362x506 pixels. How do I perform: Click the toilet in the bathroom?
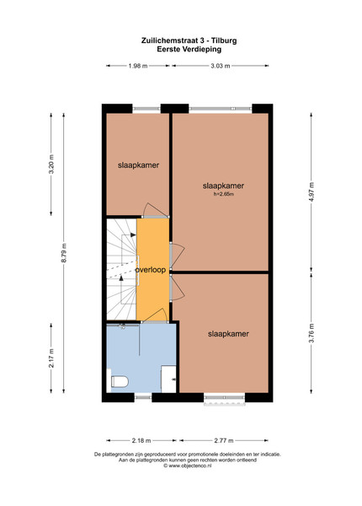120,381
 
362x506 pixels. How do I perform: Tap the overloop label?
151,270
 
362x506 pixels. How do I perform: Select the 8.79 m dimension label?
63,253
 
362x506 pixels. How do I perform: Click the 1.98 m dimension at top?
138,66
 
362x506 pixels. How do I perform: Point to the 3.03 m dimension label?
221,66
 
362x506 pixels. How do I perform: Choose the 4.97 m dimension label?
311,191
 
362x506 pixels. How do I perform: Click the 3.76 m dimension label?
311,333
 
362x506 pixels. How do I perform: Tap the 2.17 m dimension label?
51,358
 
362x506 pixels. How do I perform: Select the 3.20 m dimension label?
51,164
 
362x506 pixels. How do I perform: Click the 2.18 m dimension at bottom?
141,440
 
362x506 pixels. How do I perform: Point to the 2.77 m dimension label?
224,440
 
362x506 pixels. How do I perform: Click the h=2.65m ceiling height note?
224,194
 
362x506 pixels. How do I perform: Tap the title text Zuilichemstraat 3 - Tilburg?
189,40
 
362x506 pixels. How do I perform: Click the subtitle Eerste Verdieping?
189,49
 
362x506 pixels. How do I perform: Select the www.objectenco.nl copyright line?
188,466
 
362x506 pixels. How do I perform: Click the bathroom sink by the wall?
168,379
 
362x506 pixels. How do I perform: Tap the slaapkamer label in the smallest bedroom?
139,165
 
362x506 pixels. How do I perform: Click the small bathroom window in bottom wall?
143,397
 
